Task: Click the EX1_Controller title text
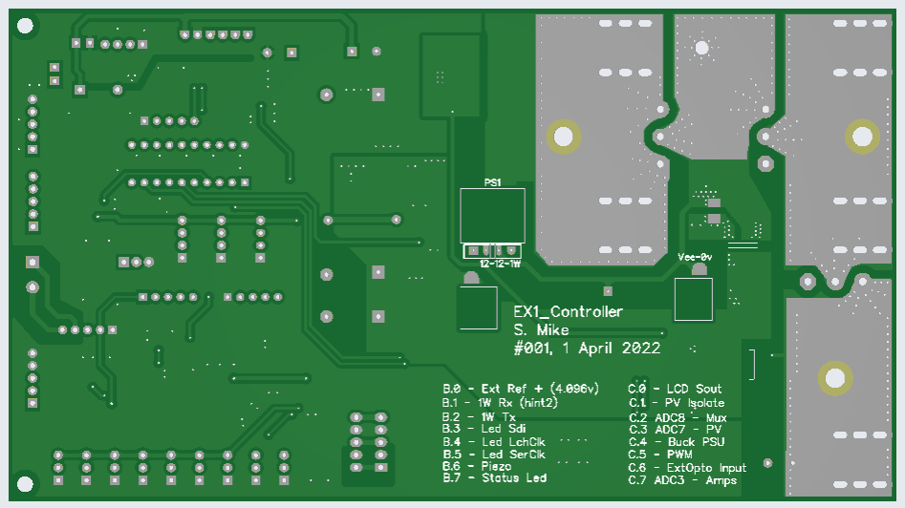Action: (568, 312)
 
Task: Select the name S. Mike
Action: (542, 330)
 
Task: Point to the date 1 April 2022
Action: (612, 349)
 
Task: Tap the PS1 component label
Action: (492, 181)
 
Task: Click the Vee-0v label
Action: (695, 258)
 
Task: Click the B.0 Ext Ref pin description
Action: (520, 389)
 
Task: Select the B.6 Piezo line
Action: (484, 466)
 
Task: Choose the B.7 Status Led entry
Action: (494, 477)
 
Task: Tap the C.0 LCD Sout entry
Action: (675, 389)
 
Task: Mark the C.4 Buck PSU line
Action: (677, 442)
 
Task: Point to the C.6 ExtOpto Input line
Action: (687, 467)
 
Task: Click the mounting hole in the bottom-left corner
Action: (26, 484)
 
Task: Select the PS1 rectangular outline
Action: (492, 216)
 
